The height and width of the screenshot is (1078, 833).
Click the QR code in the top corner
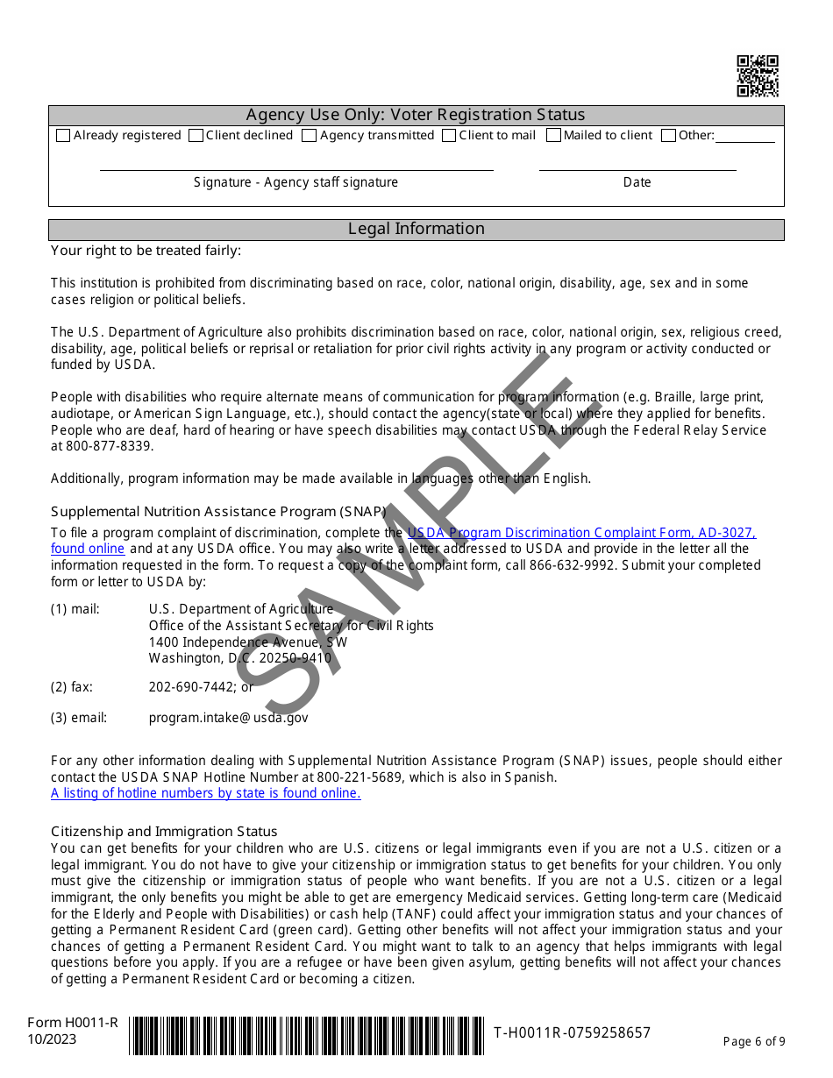[758, 75]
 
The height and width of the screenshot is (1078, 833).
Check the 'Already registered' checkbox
[63, 136]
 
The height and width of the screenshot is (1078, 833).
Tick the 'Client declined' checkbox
[196, 136]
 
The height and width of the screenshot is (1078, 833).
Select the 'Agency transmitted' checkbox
[310, 136]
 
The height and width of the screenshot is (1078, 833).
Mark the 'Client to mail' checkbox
[449, 136]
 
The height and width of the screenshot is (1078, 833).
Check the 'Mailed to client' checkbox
[553, 136]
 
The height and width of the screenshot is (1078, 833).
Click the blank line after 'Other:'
[745, 137]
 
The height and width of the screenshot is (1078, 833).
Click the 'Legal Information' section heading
[416, 229]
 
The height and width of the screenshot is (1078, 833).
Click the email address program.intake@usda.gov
[228, 718]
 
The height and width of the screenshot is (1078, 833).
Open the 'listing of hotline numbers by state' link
[205, 793]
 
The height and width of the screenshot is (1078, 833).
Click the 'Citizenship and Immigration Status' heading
[164, 832]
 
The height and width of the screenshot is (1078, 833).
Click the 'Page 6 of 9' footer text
[754, 1041]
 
